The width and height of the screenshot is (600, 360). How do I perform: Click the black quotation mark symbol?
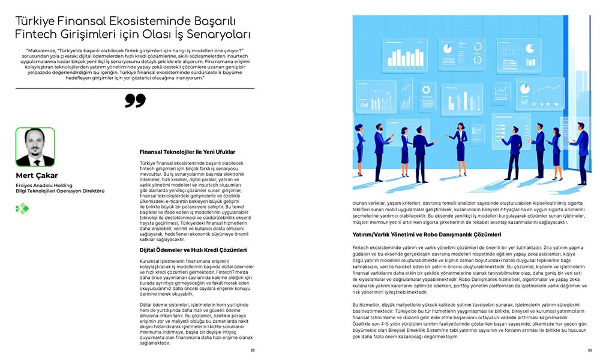coord(135,100)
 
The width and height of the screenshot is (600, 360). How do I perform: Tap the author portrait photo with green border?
coord(35,147)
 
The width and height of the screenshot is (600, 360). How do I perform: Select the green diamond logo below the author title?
coord(22,208)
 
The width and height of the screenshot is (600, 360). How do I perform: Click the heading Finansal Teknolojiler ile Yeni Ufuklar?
coord(187,152)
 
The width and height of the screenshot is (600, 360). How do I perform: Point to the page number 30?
coord(253,350)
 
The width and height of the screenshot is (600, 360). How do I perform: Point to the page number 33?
coord(589,350)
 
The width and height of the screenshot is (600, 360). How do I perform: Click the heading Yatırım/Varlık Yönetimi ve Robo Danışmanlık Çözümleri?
coord(435,235)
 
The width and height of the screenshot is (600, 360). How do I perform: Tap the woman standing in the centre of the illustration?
coord(459,144)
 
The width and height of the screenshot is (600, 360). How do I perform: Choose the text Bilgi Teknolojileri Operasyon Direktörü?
coord(60,191)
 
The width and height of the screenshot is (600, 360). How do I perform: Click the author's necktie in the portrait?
coord(35,159)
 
